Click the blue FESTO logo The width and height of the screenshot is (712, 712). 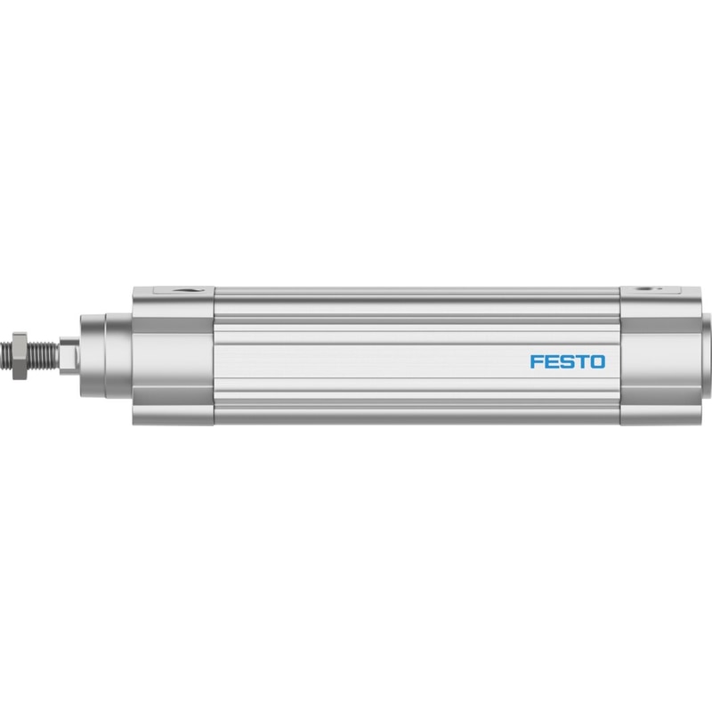pos(568,362)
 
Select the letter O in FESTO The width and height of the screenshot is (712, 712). pos(598,362)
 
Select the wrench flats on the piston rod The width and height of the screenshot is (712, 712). pos(69,355)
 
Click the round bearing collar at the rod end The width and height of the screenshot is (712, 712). pos(93,355)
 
